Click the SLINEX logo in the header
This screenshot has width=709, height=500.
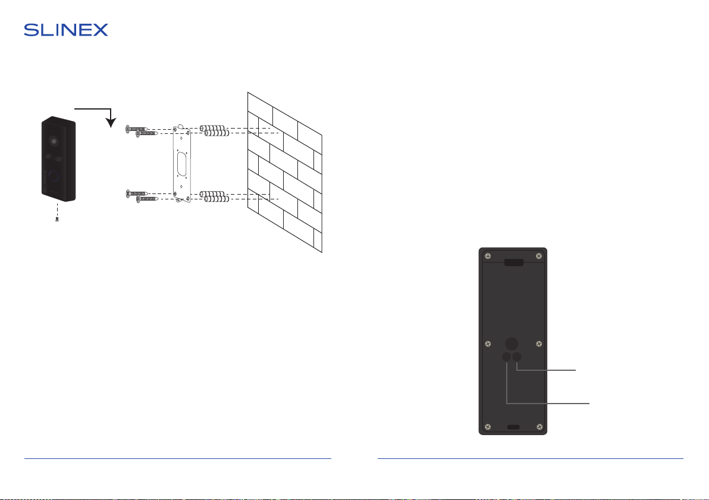coord(66,30)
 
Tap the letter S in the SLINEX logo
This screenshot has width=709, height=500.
coord(31,30)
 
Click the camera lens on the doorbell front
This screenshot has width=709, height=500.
coord(54,141)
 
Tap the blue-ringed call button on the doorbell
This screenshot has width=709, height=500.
coord(54,176)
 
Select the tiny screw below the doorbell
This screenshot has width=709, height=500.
coord(57,220)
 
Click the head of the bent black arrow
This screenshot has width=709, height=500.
coord(111,122)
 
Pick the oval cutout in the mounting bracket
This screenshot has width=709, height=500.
coord(182,164)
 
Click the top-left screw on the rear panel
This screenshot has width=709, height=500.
coord(488,256)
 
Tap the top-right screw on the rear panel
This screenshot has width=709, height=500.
coord(538,256)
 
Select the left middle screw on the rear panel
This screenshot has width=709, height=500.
coord(488,344)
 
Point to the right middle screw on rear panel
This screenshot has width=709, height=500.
coord(539,344)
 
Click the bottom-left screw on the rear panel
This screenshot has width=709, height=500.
coord(488,427)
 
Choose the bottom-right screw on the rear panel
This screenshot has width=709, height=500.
coord(539,427)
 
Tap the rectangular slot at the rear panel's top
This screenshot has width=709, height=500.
coord(514,262)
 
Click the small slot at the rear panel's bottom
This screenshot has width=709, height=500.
coord(513,427)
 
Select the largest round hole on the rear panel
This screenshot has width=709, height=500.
coord(512,343)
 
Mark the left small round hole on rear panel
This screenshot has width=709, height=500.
coord(506,357)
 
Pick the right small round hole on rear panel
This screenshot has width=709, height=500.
coord(516,357)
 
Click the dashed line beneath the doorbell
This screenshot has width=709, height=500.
coord(57,210)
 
